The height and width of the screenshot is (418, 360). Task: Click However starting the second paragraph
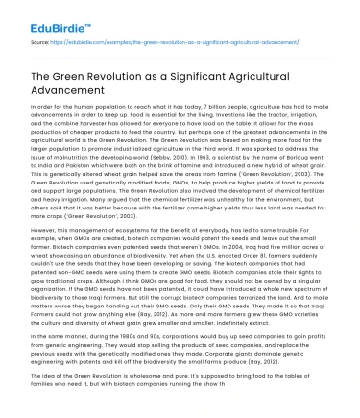click(47, 258)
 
